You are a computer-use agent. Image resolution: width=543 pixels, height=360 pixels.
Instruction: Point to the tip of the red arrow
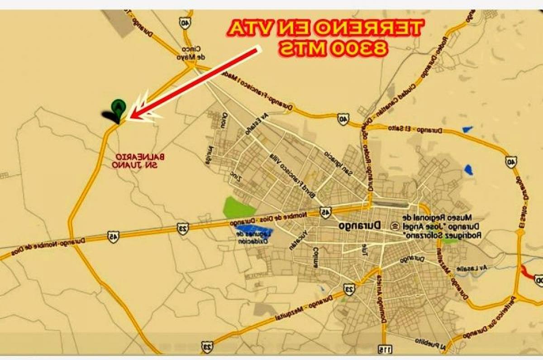(130, 117)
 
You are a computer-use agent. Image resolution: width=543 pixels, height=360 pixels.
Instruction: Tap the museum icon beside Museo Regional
(395, 226)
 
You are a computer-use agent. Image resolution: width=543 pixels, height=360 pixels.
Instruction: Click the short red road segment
(526, 271)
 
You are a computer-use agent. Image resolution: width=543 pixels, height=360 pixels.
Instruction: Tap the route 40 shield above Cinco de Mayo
(185, 23)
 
